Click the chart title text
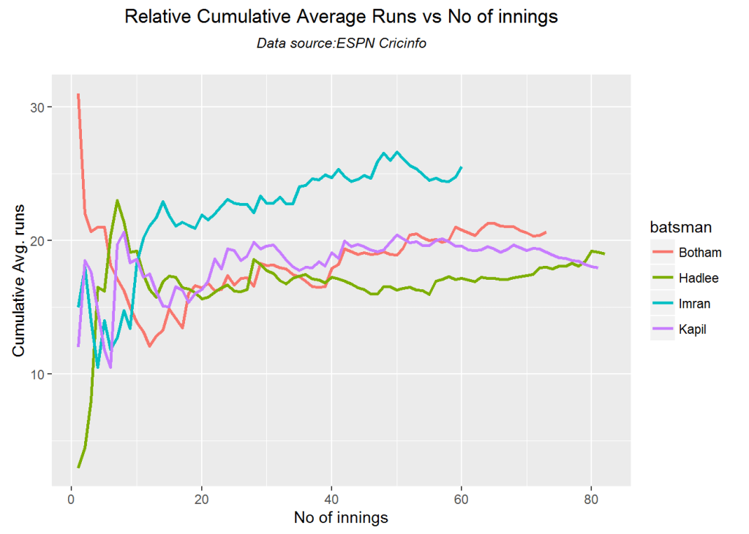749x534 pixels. coord(341,18)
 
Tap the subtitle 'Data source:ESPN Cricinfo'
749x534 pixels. coord(341,44)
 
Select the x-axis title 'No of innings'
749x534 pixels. coord(341,518)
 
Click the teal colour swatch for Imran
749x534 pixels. coord(662,304)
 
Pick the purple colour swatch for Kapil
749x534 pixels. coord(662,329)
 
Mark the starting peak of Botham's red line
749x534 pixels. coord(78,94)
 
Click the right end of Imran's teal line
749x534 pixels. coord(461,167)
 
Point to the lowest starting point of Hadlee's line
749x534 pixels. coord(78,467)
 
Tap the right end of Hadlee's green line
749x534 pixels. coord(604,253)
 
